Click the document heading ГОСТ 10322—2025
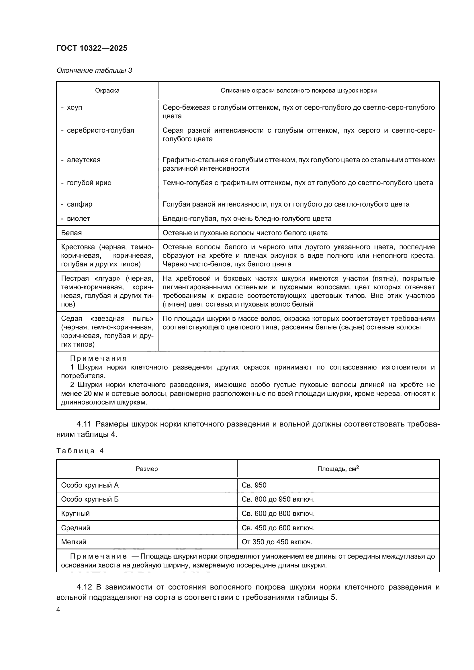point(92,48)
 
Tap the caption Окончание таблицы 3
point(94,70)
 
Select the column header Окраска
point(107,91)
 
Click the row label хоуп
point(74,107)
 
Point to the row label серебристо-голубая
point(100,130)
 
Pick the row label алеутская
point(83,160)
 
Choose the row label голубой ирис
point(89,183)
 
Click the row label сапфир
point(79,204)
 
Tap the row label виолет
point(78,219)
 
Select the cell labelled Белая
point(71,233)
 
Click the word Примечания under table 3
point(98,358)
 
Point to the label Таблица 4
point(80,451)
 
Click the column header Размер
point(146,469)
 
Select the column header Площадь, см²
point(338,469)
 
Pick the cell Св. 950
point(254,485)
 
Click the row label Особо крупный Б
point(90,499)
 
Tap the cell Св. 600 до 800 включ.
point(278,514)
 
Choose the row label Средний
point(75,528)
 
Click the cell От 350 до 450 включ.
point(277,542)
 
